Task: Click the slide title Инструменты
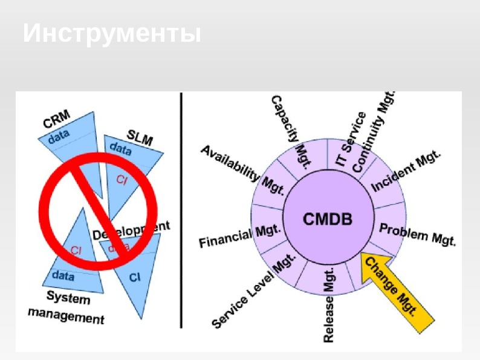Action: (112, 34)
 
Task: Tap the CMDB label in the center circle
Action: (327, 219)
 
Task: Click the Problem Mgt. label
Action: (417, 234)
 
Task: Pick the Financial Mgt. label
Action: (239, 235)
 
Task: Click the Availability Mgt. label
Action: (242, 170)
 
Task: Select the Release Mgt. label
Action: (329, 309)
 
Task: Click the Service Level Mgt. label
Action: (254, 290)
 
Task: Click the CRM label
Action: (56, 118)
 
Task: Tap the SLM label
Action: (140, 137)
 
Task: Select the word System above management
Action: (68, 298)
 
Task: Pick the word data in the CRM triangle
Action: (59, 136)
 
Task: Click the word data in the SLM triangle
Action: (120, 148)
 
